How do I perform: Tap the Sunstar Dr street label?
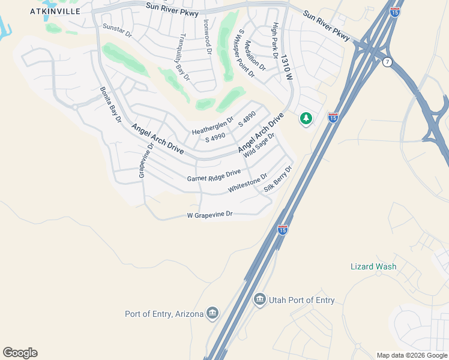click(x=116, y=31)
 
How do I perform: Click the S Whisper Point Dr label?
click(x=247, y=53)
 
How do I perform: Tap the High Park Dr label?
click(x=277, y=41)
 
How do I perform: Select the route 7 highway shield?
click(x=388, y=62)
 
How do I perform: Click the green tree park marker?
click(x=306, y=119)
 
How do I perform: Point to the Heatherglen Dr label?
click(x=212, y=128)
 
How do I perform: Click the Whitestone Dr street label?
click(x=247, y=184)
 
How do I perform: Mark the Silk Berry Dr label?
click(x=278, y=178)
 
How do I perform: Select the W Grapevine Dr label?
click(x=209, y=215)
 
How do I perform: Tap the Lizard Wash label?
click(x=373, y=266)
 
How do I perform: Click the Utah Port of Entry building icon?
click(x=259, y=299)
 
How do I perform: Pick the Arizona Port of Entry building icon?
click(x=212, y=313)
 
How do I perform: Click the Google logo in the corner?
click(x=20, y=353)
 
